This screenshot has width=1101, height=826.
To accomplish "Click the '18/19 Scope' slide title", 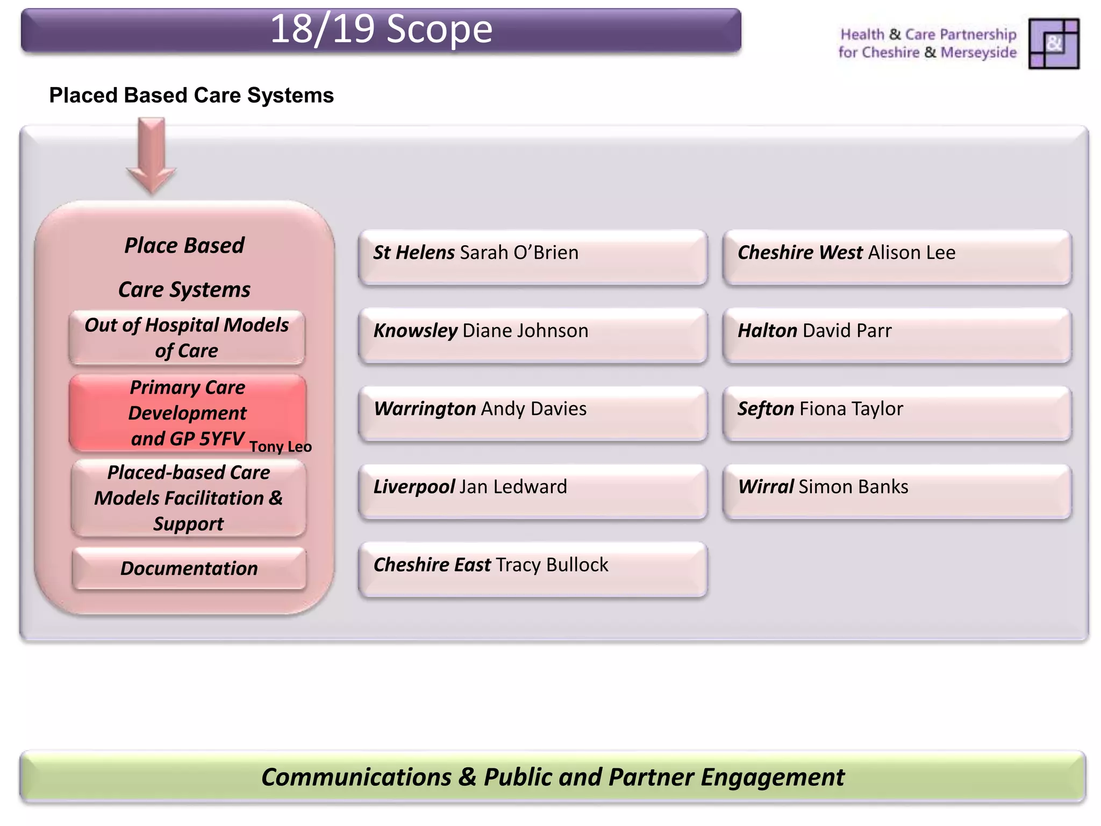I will click(x=381, y=30).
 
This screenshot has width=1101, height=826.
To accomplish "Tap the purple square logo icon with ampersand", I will click(x=1053, y=44).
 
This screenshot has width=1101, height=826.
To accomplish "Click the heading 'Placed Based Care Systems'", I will click(x=191, y=96).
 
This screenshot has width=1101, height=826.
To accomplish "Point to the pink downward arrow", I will click(x=151, y=156).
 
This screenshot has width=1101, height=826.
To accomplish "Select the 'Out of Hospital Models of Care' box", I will click(x=187, y=338).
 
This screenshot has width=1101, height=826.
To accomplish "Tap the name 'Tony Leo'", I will click(x=280, y=447).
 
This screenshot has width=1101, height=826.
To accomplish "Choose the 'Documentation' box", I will click(x=189, y=568).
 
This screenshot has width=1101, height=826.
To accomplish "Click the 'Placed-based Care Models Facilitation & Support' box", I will click(x=188, y=498).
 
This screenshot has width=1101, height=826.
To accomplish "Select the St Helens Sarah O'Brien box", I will click(x=532, y=257).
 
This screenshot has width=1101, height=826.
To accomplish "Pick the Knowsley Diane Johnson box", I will click(x=532, y=335).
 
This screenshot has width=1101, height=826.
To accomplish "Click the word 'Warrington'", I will click(x=425, y=409).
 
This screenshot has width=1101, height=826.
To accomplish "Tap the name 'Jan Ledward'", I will click(x=513, y=487).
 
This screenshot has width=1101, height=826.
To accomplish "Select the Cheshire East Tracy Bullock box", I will click(x=532, y=569).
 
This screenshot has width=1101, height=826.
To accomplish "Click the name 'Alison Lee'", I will click(x=912, y=252).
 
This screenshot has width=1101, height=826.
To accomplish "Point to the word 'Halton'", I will click(x=767, y=330).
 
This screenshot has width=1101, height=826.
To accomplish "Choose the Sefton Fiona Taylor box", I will click(x=897, y=413).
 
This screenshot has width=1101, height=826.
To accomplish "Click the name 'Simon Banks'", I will click(x=853, y=487).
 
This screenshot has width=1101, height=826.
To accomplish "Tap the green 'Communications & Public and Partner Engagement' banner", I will click(x=553, y=777).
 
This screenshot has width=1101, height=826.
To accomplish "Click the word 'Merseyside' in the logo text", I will click(x=978, y=53).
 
